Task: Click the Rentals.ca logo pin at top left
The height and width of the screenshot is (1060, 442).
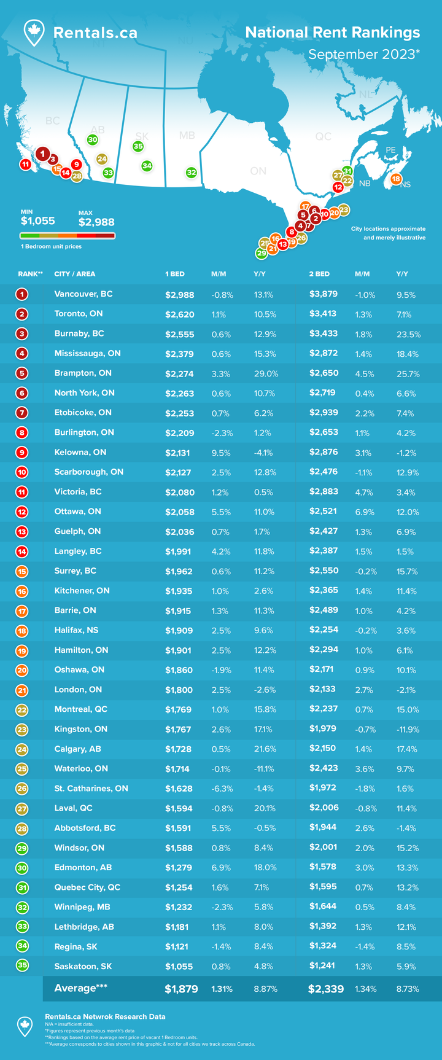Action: (34, 32)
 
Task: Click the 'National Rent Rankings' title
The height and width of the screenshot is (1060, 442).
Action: (332, 33)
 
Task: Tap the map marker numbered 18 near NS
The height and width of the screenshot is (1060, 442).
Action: (396, 179)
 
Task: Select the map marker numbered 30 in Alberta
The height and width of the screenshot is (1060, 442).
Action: (92, 140)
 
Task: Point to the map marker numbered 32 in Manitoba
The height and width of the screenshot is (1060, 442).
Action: (191, 173)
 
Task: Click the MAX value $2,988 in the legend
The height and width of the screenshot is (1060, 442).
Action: (96, 222)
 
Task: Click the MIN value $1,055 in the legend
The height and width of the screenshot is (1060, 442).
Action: (38, 220)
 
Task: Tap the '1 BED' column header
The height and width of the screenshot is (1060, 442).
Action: (175, 274)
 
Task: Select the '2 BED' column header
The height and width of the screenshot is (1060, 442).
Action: (319, 274)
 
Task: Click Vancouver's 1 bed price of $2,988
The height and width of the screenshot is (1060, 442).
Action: (179, 294)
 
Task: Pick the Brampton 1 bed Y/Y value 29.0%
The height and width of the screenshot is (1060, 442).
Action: (266, 373)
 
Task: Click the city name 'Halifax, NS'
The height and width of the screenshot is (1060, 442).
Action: (76, 630)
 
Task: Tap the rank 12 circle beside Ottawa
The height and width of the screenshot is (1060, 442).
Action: (22, 512)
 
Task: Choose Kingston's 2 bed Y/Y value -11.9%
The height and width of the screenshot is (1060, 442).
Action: (408, 730)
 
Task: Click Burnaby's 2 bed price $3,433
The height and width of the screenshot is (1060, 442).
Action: (323, 334)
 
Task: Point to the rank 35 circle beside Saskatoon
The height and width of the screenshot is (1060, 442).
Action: (22, 965)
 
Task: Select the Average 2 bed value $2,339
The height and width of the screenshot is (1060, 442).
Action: (326, 989)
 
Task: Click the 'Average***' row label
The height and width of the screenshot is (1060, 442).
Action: (76, 988)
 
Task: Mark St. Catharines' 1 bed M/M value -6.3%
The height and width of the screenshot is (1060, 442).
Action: (221, 789)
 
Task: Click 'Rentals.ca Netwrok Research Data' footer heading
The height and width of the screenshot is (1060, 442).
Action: (105, 1016)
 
